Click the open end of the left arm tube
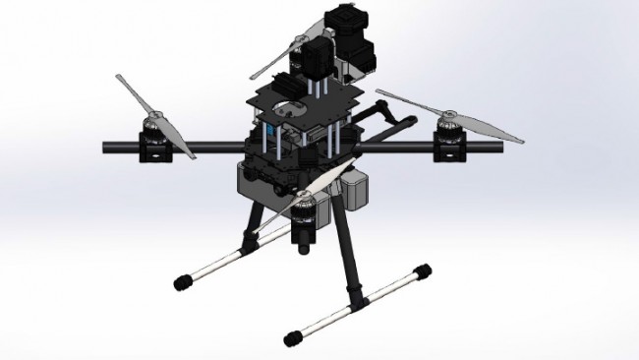click(x=105, y=148)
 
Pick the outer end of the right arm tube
click(x=500, y=145)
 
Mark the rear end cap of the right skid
click(x=423, y=270)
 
